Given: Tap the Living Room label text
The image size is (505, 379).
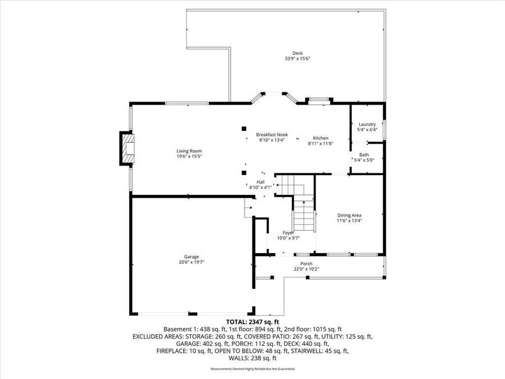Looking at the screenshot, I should (189, 151).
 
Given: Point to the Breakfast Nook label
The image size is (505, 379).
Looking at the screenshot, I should (272, 135).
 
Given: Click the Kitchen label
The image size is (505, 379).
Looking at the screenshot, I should (320, 138).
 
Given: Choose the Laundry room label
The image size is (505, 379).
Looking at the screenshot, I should (367, 125).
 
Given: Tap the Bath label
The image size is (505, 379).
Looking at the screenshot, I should (364, 155).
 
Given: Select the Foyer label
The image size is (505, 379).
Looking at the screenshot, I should (288, 232).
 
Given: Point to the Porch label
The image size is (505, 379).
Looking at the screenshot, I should (306, 264).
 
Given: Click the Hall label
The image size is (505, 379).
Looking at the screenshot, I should (260, 182).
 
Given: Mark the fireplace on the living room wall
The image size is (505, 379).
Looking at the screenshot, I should (127, 149).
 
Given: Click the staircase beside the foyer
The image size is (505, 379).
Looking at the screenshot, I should (303, 213).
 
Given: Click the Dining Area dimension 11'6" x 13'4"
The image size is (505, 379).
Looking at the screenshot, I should (349, 221).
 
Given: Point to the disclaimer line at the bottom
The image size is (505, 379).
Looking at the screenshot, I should (252, 369).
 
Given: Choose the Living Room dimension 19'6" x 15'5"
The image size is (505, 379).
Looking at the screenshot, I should (189, 156).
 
